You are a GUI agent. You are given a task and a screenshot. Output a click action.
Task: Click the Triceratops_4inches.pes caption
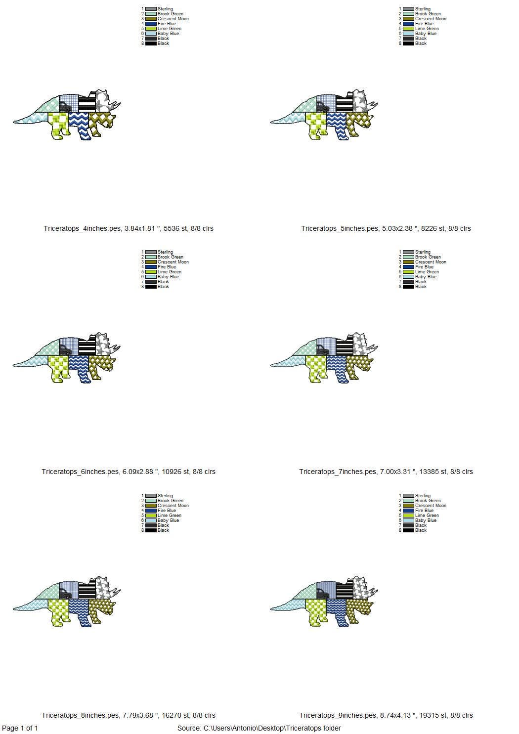click(x=129, y=228)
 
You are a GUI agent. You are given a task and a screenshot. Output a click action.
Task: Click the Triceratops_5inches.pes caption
click(x=386, y=228)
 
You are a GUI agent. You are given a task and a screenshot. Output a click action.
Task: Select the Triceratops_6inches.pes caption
click(x=129, y=472)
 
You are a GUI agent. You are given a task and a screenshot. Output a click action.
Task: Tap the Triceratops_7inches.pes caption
click(x=386, y=472)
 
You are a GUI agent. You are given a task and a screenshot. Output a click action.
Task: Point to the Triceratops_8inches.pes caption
click(x=129, y=715)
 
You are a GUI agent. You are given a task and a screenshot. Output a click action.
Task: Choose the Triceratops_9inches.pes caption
click(x=386, y=715)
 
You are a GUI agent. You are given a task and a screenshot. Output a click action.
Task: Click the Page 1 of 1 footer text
click(x=20, y=728)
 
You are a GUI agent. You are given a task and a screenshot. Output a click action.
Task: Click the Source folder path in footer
click(x=259, y=728)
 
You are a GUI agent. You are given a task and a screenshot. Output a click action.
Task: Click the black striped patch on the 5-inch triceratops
click(x=344, y=103)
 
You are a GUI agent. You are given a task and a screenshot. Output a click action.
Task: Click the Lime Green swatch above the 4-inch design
click(x=151, y=29)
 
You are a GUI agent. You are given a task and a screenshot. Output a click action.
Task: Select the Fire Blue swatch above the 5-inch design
click(x=409, y=24)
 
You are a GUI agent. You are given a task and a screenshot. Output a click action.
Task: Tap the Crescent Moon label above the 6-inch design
click(x=173, y=262)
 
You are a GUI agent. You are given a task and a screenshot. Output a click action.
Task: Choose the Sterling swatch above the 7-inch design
click(x=409, y=252)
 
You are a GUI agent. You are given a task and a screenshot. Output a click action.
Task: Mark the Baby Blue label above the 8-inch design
click(x=168, y=520)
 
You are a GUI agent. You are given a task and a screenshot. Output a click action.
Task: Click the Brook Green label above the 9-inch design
click(x=428, y=501)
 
